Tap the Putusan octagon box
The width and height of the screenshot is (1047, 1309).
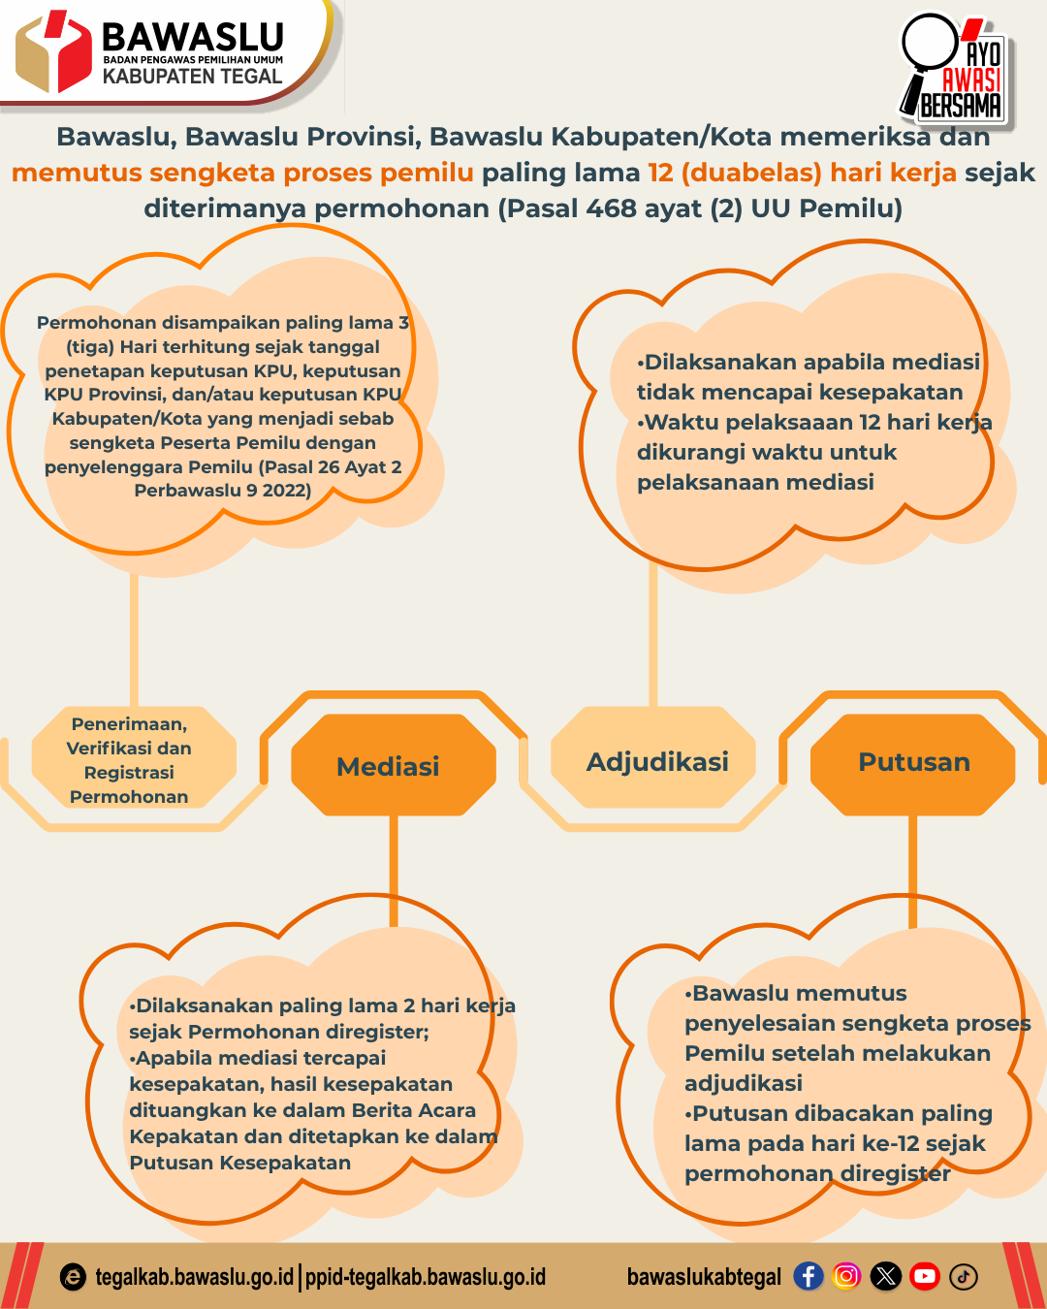912,762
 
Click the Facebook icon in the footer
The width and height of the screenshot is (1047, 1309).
808,1276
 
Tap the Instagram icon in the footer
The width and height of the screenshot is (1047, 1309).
846,1276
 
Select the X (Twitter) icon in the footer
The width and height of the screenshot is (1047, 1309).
885,1276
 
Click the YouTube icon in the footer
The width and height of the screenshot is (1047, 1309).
925,1276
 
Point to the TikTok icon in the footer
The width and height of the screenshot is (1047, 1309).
964,1276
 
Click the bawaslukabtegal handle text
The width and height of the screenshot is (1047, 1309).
704,1277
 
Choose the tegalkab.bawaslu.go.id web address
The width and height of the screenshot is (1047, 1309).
194,1277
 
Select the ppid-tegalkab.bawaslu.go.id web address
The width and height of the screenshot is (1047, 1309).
426,1277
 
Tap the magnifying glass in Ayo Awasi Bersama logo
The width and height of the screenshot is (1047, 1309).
929,43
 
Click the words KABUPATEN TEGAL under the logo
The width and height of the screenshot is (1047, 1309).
192,77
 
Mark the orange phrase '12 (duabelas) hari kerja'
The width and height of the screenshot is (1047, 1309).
803,173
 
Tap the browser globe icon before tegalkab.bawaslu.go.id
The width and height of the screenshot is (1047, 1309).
73,1277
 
